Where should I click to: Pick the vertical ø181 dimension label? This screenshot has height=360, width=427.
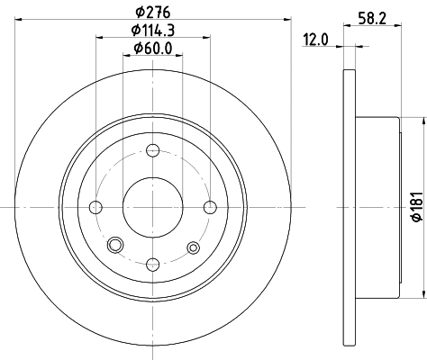pos(417,208)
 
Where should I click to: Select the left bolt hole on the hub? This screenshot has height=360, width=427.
pos(95,208)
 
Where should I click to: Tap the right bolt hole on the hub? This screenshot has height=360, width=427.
pos(210,208)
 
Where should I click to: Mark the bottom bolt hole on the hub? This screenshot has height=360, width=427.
pos(152,265)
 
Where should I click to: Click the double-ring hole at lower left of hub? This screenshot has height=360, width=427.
pos(114,247)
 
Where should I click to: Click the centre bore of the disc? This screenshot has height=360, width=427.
pos(152,208)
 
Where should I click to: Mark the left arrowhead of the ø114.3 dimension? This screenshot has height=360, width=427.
pos(97,37)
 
